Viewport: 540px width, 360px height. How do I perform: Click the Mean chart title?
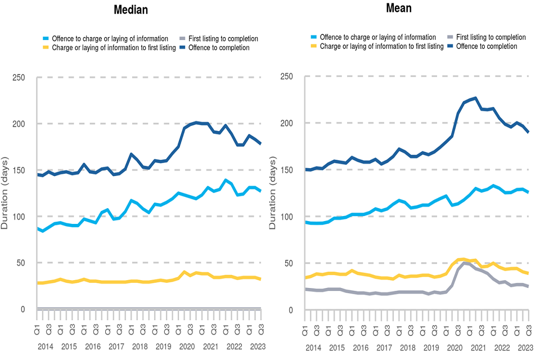tap(398, 8)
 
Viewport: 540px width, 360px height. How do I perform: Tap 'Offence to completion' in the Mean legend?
tap(487, 46)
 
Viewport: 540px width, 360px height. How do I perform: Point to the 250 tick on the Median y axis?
tap(21, 77)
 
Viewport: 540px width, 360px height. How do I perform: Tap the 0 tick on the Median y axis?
tap(24, 309)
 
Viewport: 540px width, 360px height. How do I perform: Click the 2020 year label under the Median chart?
tap(186, 347)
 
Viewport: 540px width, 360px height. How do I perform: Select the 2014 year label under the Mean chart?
tap(314, 348)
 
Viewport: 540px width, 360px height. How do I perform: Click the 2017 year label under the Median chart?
tap(116, 347)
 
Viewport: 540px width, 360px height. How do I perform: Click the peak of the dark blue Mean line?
tap(475, 98)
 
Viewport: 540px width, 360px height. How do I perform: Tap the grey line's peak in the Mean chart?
tap(465, 262)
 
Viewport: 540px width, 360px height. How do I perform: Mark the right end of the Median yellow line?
tap(259, 279)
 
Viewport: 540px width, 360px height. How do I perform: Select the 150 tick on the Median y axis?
tap(21, 170)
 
